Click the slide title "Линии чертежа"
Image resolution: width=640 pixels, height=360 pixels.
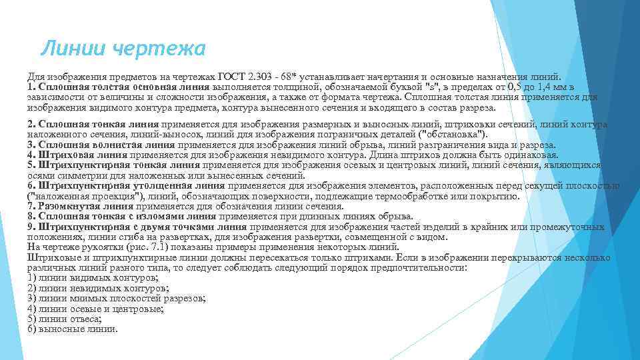point(123,48)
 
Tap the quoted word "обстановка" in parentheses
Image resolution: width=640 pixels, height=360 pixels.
point(455,134)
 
